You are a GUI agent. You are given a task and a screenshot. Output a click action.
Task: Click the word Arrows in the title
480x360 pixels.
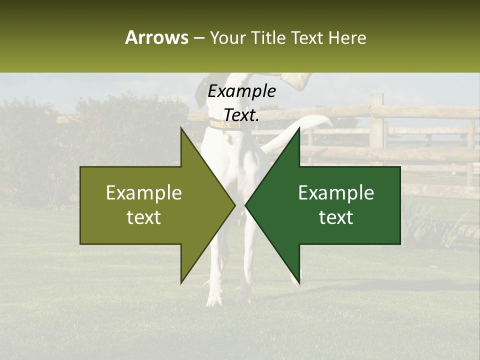[x=156, y=38]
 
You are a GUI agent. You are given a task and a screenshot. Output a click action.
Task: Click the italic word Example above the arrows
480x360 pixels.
[x=242, y=91]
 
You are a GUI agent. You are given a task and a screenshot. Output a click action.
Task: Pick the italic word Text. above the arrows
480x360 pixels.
[x=242, y=115]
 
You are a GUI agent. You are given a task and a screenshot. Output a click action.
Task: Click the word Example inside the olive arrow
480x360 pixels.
[x=144, y=193]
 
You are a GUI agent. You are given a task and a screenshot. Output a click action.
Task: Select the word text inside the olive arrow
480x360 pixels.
[x=144, y=217]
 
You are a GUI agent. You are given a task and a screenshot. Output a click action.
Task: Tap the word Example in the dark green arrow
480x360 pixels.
[x=336, y=193]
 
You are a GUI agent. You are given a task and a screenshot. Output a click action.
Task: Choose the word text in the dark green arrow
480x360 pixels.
[x=336, y=217]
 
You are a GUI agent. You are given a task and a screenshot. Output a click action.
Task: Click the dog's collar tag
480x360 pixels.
[x=225, y=134]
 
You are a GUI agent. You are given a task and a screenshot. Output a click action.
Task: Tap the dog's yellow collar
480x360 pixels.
[x=220, y=123]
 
